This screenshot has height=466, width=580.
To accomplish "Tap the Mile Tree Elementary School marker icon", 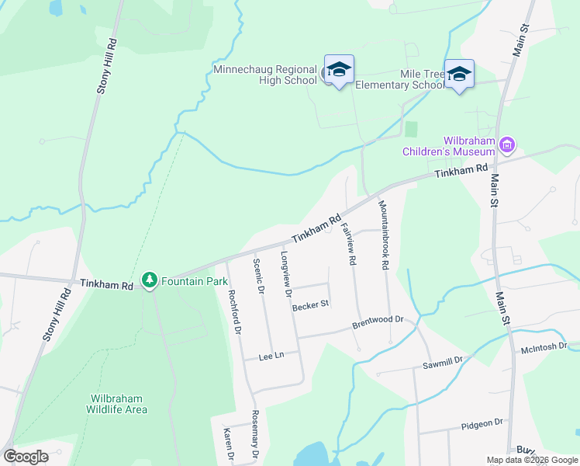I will pyautogui.click(x=459, y=75).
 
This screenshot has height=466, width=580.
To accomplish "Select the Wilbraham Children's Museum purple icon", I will pyautogui.click(x=508, y=144).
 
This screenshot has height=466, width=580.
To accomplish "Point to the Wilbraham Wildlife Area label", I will pyautogui.click(x=116, y=404).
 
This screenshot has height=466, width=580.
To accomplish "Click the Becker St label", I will pyautogui.click(x=312, y=305).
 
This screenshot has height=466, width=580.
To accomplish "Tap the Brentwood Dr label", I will pyautogui.click(x=378, y=320).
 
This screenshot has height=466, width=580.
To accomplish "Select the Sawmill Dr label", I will pyautogui.click(x=442, y=361).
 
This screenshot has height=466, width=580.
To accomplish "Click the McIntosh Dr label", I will pyautogui.click(x=546, y=347).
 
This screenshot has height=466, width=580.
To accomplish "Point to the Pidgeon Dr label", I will pyautogui.click(x=482, y=423).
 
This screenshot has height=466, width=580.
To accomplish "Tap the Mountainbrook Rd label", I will pyautogui.click(x=383, y=235).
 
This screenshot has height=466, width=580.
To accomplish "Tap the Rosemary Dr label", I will pyautogui.click(x=254, y=436).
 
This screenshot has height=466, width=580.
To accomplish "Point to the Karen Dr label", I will pyautogui.click(x=228, y=446).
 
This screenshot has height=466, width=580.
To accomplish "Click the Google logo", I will pyautogui.click(x=26, y=457).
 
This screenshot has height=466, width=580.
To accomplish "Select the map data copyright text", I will pyautogui.click(x=531, y=460).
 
